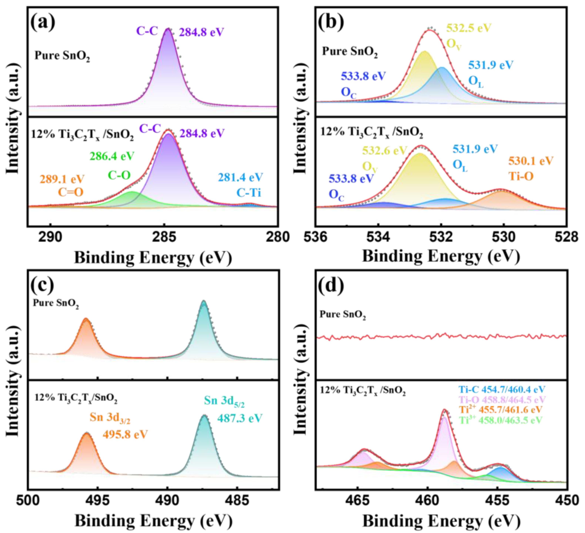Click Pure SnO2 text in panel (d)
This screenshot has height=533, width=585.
point(342,315)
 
